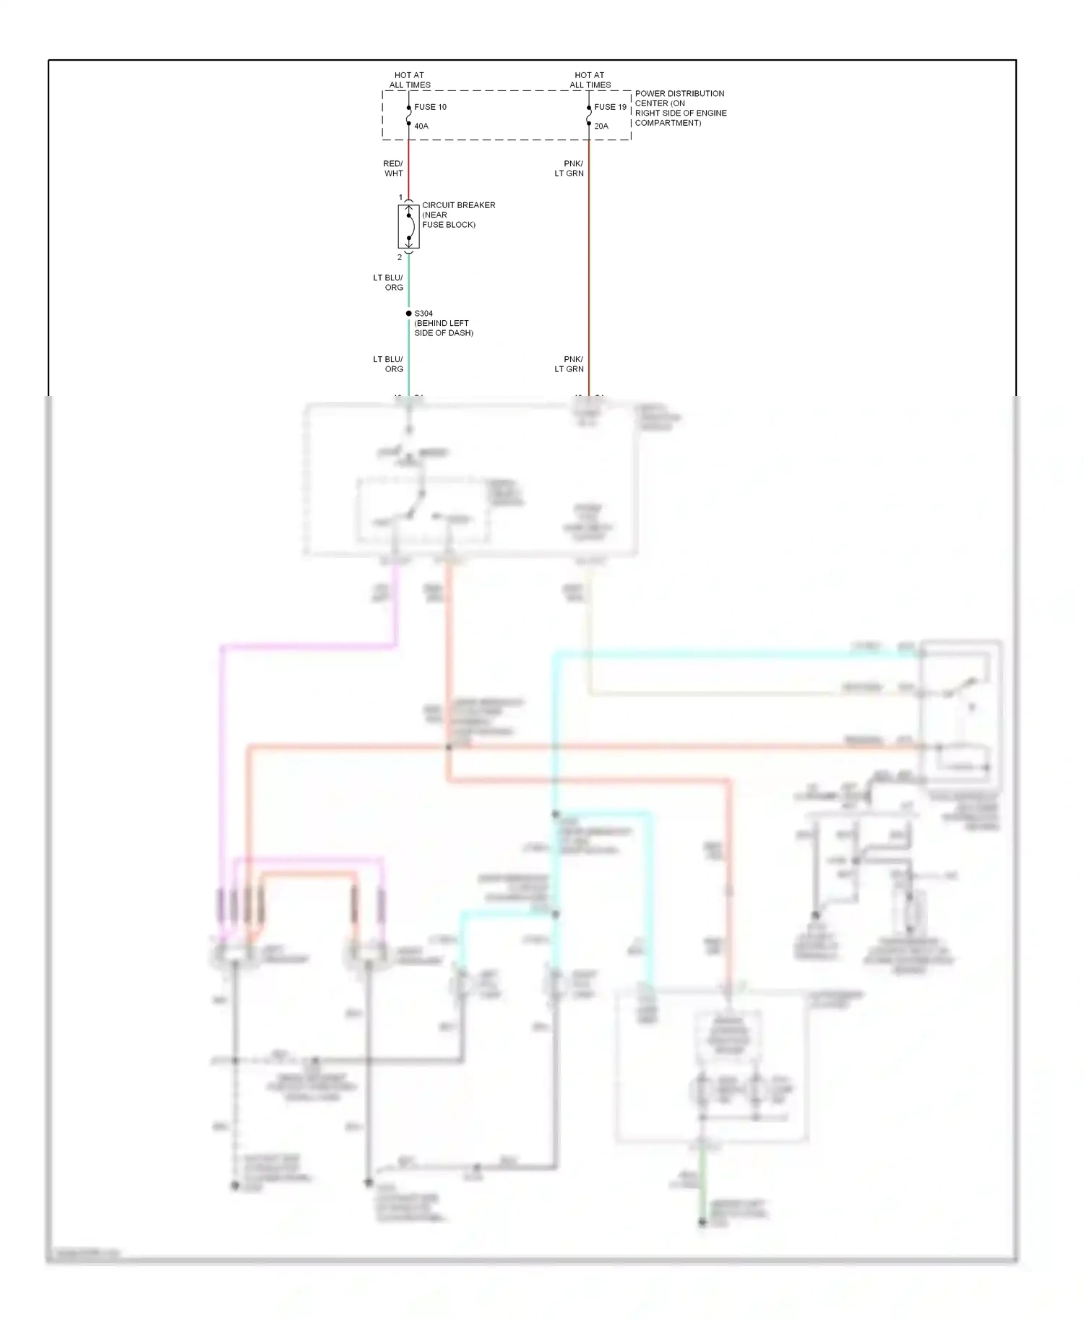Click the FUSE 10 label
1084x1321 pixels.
coord(430,107)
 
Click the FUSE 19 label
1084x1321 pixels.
coord(610,107)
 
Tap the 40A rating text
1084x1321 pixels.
coord(421,126)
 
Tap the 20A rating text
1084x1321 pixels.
coord(601,126)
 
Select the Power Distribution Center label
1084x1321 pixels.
coord(680,108)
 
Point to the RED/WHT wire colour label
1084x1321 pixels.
coord(393,168)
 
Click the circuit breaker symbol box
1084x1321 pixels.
coord(408,227)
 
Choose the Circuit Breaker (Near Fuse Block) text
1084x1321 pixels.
coord(458,215)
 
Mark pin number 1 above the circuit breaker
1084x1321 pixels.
coord(400,197)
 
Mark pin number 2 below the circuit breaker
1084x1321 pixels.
coord(400,257)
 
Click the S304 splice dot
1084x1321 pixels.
coord(408,314)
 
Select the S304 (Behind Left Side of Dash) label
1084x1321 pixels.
coord(443,323)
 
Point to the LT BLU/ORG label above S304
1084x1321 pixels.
coord(388,283)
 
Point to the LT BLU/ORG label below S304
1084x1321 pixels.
coord(388,364)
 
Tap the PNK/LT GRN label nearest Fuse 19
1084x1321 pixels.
coord(569,168)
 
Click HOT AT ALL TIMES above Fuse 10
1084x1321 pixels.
coord(410,79)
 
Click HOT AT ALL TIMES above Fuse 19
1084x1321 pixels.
coord(590,79)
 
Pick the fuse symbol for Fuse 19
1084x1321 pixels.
coord(589,116)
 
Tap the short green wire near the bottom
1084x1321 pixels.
coord(701,1193)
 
